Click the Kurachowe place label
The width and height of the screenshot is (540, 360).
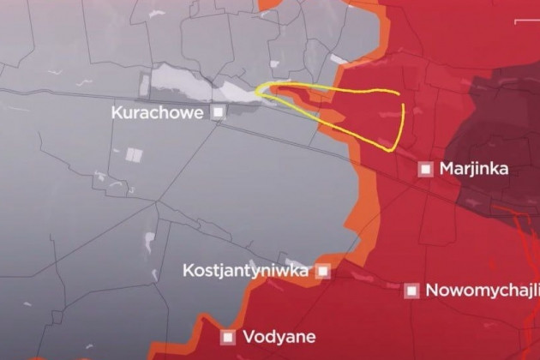point(159,112)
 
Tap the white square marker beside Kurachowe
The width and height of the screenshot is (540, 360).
point(219,111)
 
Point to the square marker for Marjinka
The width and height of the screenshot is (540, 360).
point(424,169)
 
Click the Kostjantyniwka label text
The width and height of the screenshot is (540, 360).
point(245,271)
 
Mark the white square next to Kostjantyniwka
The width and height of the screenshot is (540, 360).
point(323,271)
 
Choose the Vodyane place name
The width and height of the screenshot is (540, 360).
point(279,337)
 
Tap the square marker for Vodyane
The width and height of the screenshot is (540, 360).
point(228,337)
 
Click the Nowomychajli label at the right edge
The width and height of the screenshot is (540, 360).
point(482,290)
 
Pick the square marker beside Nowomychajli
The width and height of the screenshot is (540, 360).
point(412,291)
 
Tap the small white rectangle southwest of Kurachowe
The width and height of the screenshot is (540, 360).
point(133,155)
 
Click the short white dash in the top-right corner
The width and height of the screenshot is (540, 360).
point(522,20)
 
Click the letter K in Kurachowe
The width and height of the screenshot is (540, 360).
point(117,112)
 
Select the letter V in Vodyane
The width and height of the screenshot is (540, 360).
point(249,337)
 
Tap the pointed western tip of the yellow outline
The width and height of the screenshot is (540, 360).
point(257,89)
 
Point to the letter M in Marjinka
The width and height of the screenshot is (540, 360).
point(446,169)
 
